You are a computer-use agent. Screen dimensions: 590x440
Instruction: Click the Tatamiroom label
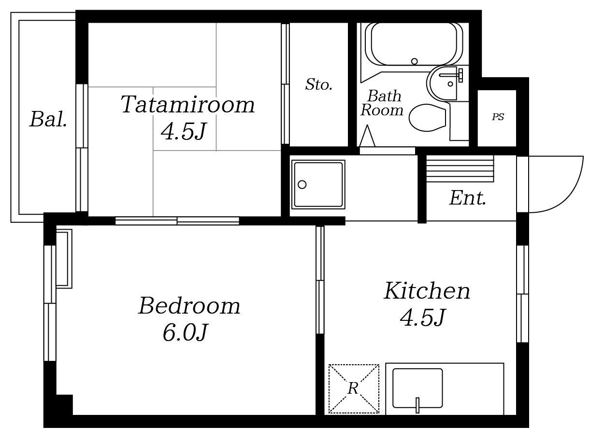point(187,104)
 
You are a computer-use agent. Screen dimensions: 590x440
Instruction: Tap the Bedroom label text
point(189,306)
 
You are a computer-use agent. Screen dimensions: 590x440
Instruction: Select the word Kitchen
point(427,291)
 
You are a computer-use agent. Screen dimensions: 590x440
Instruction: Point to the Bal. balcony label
point(48,119)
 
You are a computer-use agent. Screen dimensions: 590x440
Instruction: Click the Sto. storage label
point(319,84)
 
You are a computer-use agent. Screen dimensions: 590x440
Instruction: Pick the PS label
point(498,117)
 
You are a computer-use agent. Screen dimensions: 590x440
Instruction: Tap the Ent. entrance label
point(468,198)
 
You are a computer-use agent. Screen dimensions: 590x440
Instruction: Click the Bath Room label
point(382,103)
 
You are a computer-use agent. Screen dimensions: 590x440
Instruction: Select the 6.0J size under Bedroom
point(186,333)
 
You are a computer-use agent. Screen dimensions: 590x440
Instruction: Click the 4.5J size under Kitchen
point(423,318)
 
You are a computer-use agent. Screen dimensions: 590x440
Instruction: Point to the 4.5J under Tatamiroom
point(184,131)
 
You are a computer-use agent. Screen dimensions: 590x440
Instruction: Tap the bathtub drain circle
point(415,61)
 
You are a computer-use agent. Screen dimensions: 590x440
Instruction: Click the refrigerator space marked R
point(353,389)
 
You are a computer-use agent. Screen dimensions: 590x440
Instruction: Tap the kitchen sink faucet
point(417,405)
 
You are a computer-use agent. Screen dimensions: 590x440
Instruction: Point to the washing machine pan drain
point(302,185)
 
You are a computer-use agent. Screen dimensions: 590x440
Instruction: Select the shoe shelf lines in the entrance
point(460,168)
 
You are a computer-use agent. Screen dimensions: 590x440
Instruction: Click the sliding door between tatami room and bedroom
point(177,221)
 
